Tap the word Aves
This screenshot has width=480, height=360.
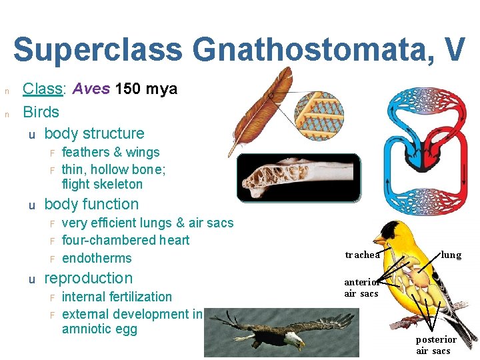pyautogui.click(x=92, y=89)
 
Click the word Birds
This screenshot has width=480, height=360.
pyautogui.click(x=41, y=111)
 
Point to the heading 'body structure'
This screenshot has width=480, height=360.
pyautogui.click(x=94, y=133)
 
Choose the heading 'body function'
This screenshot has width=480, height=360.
pyautogui.click(x=91, y=204)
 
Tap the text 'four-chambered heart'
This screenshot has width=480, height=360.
pyautogui.click(x=125, y=240)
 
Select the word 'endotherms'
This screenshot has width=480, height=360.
pyautogui.click(x=97, y=258)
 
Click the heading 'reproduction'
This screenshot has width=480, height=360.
pyautogui.click(x=88, y=278)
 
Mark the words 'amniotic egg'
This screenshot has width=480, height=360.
pyautogui.click(x=99, y=329)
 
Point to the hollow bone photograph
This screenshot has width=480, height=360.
pyautogui.click(x=298, y=177)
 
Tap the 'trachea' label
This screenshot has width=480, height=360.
pyautogui.click(x=362, y=255)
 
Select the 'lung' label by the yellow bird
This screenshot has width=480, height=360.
pyautogui.click(x=451, y=255)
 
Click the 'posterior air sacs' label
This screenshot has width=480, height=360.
pyautogui.click(x=436, y=345)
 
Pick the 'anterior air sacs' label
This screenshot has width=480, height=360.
pyautogui.click(x=361, y=288)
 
